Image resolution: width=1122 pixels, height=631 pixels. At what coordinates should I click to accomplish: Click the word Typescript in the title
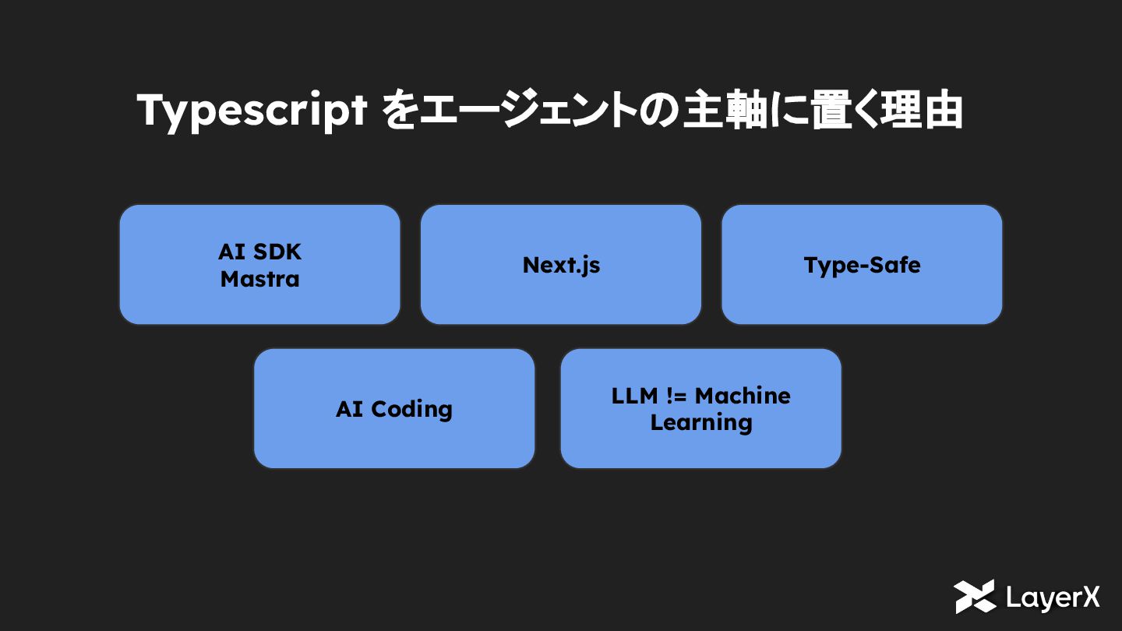click(x=252, y=111)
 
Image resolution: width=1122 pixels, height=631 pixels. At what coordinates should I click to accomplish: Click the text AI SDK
click(x=259, y=252)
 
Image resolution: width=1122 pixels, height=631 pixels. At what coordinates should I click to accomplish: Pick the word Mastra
click(x=259, y=279)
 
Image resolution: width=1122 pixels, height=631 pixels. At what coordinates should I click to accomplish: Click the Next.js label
click(x=561, y=265)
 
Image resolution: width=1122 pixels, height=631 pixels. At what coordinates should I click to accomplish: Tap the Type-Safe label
click(x=862, y=265)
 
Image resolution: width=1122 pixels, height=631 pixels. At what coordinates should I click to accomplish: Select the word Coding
click(x=411, y=409)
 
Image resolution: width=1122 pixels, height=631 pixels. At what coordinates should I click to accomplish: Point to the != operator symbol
click(x=677, y=396)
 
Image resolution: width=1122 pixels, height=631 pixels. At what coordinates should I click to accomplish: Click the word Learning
click(x=701, y=422)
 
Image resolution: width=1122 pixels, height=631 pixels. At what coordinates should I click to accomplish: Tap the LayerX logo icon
click(x=975, y=597)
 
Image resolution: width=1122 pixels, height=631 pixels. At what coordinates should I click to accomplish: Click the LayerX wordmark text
click(x=1053, y=598)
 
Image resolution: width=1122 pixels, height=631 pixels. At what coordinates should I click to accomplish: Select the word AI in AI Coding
click(x=349, y=409)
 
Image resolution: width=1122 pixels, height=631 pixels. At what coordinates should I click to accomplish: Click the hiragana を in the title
click(x=399, y=111)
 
